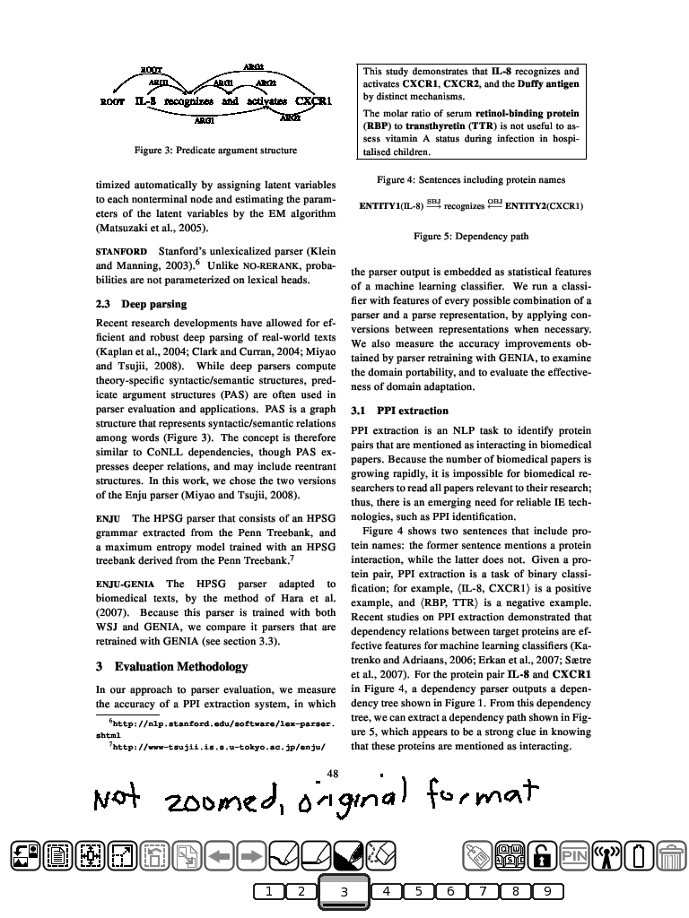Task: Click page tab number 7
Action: click(x=484, y=891)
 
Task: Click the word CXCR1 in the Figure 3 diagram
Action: click(x=314, y=101)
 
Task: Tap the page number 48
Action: click(x=333, y=773)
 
